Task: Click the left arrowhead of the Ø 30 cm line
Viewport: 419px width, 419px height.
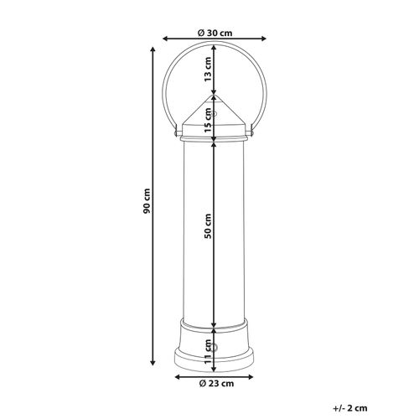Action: coord(164,39)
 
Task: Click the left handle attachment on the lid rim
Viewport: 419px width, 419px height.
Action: coord(174,132)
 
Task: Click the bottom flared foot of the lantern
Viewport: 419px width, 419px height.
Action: coord(215,360)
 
